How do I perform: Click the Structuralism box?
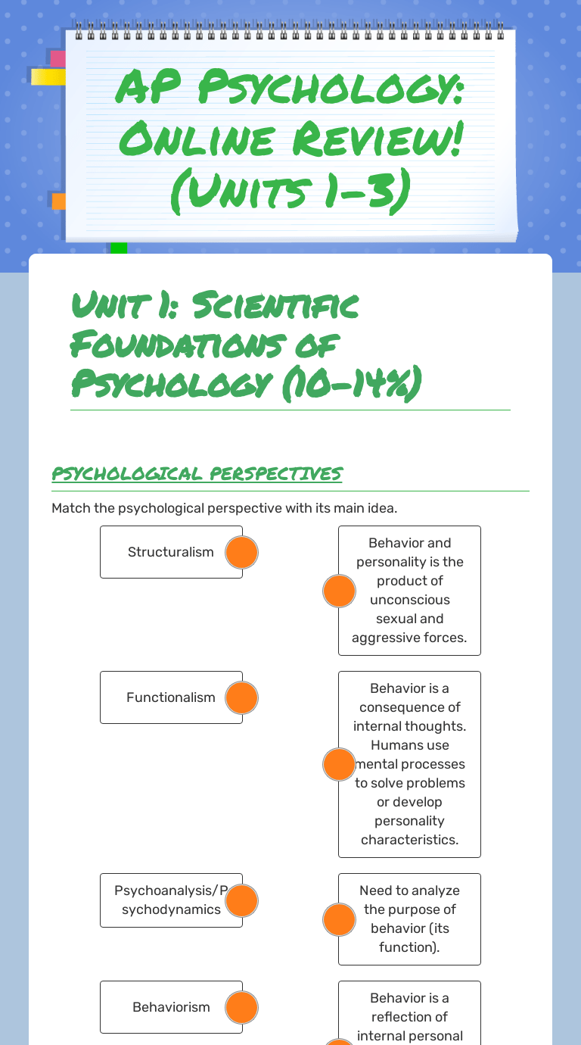[170, 552]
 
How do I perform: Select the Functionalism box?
[170, 697]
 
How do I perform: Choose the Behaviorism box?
[170, 1007]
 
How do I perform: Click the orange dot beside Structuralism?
[242, 552]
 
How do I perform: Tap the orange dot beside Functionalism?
[242, 697]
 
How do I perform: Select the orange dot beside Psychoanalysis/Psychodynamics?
[242, 900]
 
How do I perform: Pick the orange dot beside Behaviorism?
[242, 1007]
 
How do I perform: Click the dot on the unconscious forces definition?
[339, 591]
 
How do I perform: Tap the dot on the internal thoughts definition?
[339, 764]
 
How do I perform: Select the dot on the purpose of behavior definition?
[339, 919]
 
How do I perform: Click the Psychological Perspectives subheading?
[197, 473]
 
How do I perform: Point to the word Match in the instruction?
[71, 507]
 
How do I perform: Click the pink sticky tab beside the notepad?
[57, 58]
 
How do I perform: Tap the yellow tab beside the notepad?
[48, 76]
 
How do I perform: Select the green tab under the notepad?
[119, 248]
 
